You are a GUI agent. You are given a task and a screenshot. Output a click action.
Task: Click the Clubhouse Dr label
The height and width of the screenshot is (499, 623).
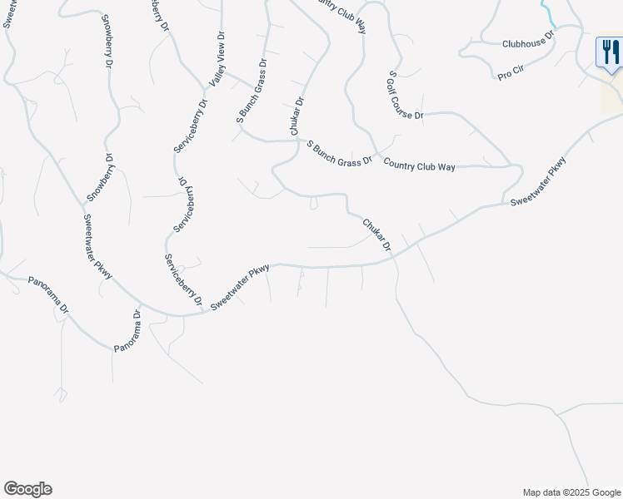point(528,42)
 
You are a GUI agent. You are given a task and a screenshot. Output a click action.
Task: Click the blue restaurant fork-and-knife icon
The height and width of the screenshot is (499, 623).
point(610,52)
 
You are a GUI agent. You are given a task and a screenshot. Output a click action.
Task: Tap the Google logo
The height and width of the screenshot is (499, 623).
point(27,489)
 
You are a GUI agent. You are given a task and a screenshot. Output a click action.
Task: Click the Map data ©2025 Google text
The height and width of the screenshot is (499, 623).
point(571,492)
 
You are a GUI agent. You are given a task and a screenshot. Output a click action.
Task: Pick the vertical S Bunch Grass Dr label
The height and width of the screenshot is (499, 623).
point(251,91)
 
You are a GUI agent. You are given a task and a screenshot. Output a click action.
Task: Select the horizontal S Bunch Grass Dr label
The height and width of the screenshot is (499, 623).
point(339,153)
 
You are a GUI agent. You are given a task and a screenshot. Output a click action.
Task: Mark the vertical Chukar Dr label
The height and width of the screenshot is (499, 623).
point(297,117)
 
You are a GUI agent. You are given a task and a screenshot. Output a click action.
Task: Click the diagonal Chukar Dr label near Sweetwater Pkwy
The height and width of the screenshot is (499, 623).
point(376,235)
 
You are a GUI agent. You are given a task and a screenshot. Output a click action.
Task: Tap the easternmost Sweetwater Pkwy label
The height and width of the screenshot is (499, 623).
point(538,181)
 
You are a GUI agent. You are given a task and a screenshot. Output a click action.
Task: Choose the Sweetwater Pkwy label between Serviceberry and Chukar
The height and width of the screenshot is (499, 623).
point(241,288)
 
